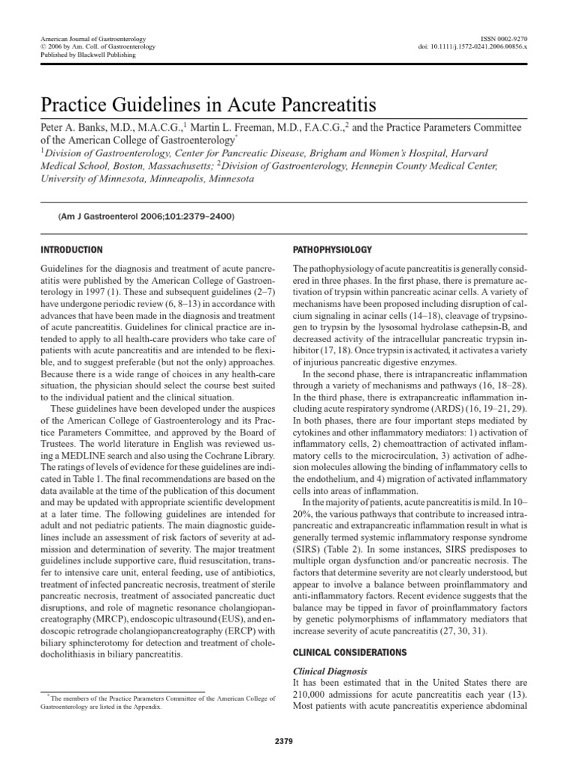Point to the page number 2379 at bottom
(286, 741)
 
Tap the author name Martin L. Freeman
(249, 127)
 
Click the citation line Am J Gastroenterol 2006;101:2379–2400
(146, 216)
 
